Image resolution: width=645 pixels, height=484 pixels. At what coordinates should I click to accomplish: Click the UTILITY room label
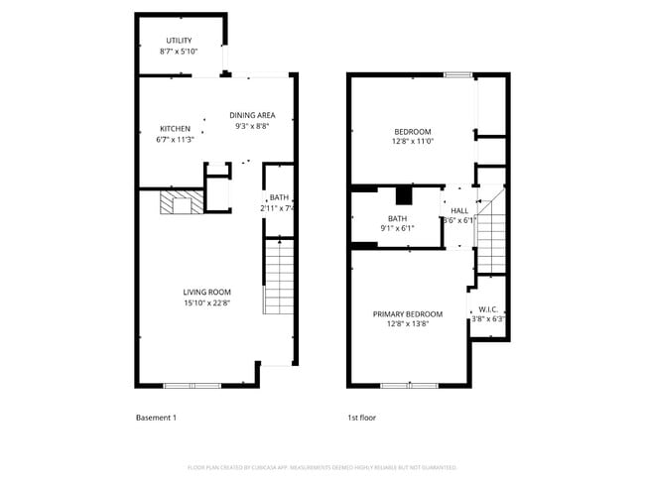tap(179, 41)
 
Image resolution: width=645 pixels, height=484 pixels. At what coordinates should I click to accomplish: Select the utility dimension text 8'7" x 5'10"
tap(179, 52)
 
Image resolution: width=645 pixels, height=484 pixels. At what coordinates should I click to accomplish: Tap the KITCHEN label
tap(175, 128)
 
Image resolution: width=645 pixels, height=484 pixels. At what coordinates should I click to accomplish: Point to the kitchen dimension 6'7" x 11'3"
tap(175, 139)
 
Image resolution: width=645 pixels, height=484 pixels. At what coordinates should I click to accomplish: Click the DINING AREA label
tap(252, 115)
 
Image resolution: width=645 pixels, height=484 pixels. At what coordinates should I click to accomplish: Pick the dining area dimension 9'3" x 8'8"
tap(252, 126)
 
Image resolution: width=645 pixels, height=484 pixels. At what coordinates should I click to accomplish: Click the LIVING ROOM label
tap(206, 292)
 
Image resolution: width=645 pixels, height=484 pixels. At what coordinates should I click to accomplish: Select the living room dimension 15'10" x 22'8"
tap(206, 303)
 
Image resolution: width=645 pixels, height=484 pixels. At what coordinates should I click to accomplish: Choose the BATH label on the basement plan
tap(279, 197)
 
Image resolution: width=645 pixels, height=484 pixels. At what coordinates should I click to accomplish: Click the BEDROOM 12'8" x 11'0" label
tap(413, 132)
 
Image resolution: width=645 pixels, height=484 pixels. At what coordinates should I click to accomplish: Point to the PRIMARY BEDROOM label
tap(408, 313)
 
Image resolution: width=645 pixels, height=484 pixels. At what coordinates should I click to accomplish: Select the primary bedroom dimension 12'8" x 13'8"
tap(408, 324)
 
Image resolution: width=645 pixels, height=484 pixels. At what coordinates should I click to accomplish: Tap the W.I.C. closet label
tap(487, 308)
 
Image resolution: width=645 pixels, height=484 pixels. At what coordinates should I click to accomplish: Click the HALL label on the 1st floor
tap(459, 210)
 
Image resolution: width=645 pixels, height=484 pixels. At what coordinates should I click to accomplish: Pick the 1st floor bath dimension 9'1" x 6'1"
tap(397, 229)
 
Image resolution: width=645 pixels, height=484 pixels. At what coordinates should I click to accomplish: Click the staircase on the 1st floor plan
tap(491, 233)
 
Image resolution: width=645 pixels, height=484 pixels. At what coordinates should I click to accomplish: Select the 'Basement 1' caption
tap(156, 418)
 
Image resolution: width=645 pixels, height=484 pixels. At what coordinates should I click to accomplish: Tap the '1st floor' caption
tap(361, 418)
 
